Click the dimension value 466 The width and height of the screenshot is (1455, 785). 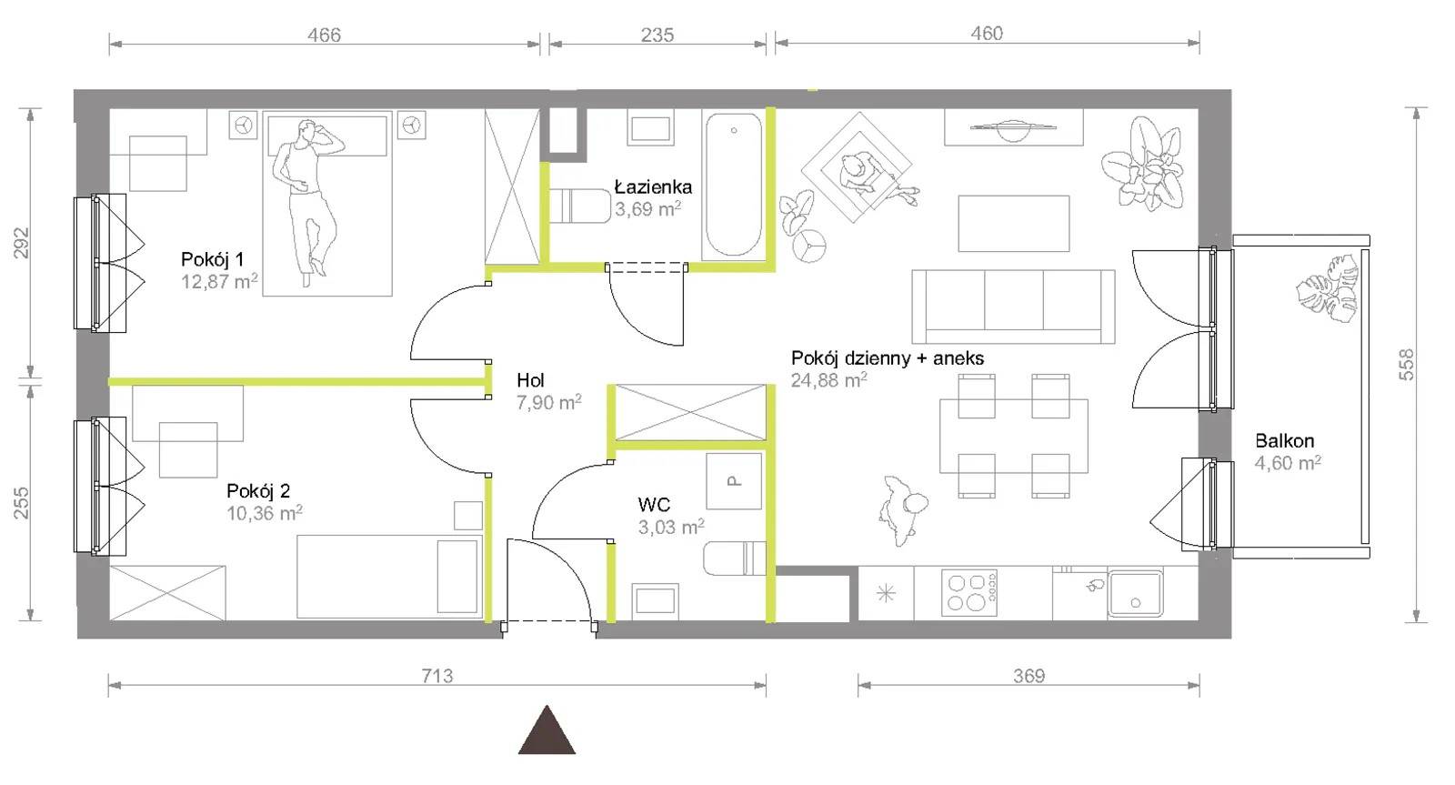pyautogui.click(x=324, y=35)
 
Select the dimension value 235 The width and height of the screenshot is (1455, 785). pyautogui.click(x=657, y=35)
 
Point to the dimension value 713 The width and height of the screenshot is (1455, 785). pyautogui.click(x=437, y=676)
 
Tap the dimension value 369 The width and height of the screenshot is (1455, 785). pyautogui.click(x=1029, y=676)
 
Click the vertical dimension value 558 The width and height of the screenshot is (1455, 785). pyautogui.click(x=1406, y=365)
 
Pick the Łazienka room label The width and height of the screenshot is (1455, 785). pyautogui.click(x=653, y=187)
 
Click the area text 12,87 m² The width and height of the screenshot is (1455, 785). pyautogui.click(x=219, y=281)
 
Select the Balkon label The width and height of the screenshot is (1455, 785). pyautogui.click(x=1284, y=440)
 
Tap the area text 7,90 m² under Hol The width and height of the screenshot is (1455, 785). pyautogui.click(x=549, y=402)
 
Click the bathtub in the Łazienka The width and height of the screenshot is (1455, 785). pyautogui.click(x=734, y=186)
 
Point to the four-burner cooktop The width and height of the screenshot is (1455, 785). pyautogui.click(x=968, y=593)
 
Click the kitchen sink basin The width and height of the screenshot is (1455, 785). pyautogui.click(x=1136, y=593)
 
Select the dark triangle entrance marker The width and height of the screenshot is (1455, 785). pyautogui.click(x=547, y=730)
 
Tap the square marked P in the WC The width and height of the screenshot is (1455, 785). pyautogui.click(x=733, y=481)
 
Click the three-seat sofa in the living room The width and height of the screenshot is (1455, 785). pyautogui.click(x=1013, y=307)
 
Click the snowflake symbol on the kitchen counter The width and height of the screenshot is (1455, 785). pyautogui.click(x=886, y=593)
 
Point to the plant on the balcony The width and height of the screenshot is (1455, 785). pyautogui.click(x=1328, y=287)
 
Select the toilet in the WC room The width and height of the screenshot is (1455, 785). pyautogui.click(x=735, y=559)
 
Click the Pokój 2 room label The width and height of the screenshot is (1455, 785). pyautogui.click(x=258, y=490)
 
